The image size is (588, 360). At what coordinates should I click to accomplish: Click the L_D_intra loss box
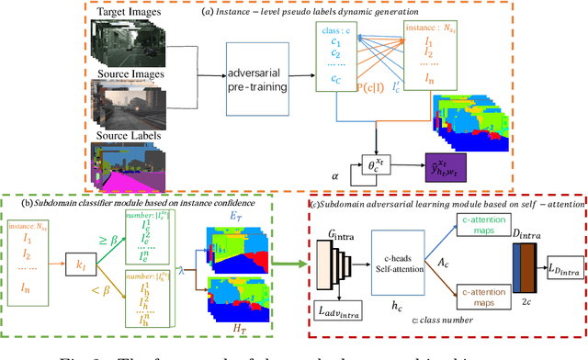[x=561, y=267]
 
